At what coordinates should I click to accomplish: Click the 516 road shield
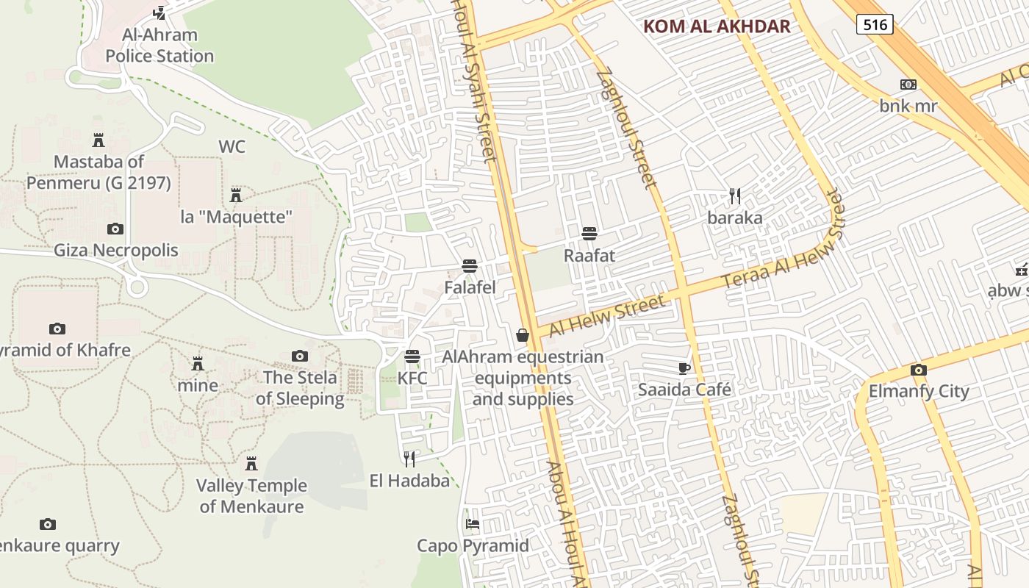pos(874,24)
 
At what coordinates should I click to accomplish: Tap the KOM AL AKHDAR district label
pos(717,27)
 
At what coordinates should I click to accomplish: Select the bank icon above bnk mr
pos(908,85)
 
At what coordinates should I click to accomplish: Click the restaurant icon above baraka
pos(734,196)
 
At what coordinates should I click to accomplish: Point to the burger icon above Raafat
pos(589,234)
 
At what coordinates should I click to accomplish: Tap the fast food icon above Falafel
pos(470,265)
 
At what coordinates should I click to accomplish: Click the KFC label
pos(412,379)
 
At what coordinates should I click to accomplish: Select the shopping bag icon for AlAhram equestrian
pos(523,335)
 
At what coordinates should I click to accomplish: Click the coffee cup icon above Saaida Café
pos(684,367)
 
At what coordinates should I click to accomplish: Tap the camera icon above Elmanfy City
pos(918,370)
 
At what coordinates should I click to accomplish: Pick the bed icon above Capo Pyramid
pos(473,524)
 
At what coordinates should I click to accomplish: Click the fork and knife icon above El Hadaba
pos(409,459)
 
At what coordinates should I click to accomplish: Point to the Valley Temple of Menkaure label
pos(251,496)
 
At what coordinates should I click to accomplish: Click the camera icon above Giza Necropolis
pos(115,229)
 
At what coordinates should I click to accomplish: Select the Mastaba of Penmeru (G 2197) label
pos(98,172)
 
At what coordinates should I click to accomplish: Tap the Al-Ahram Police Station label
pos(159,46)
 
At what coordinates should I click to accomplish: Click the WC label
pos(232,147)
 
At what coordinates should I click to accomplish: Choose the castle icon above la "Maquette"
pos(236,196)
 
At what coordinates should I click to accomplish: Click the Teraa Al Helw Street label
pos(783,240)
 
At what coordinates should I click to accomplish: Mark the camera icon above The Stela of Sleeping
pos(299,356)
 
